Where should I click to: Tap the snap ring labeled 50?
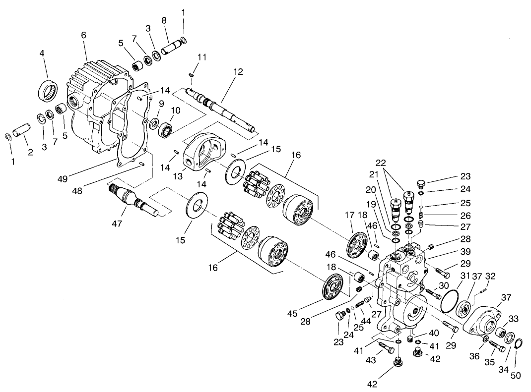pyautogui.click(x=518, y=344)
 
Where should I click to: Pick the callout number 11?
pyautogui.click(x=200, y=57)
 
